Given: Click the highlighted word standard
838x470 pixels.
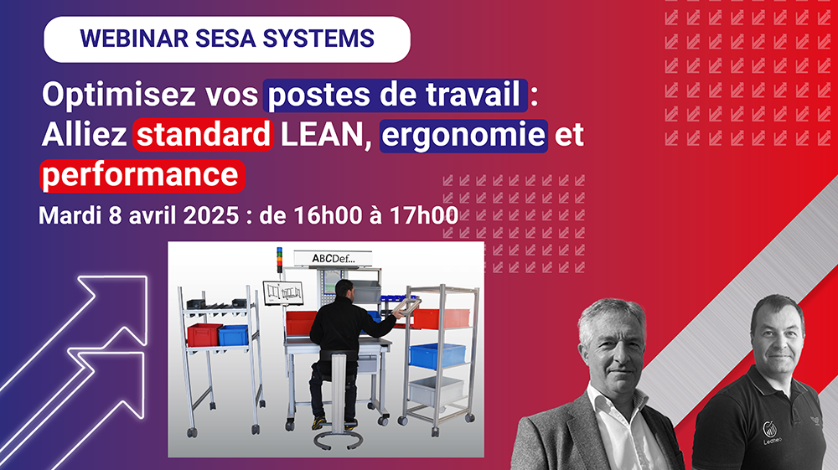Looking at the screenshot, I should click(204, 135).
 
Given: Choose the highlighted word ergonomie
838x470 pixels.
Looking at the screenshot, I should click(464, 135).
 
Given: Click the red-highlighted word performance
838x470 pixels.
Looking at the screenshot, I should click(142, 174).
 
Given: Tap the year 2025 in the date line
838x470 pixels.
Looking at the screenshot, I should click(206, 214).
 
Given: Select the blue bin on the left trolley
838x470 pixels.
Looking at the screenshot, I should click(233, 334).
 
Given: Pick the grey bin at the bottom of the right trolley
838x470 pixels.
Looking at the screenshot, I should click(436, 390).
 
